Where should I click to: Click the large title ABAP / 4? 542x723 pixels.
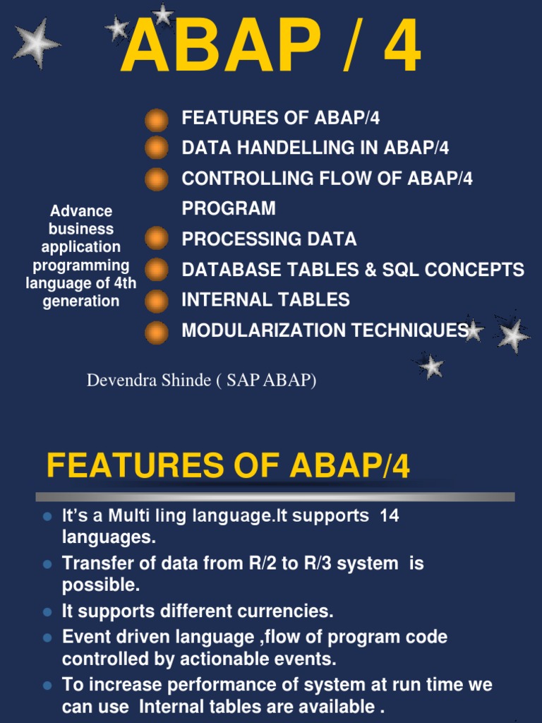[x=271, y=48]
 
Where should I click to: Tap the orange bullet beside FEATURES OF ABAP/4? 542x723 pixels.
[x=157, y=119]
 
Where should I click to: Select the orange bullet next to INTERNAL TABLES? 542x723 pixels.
[x=157, y=301]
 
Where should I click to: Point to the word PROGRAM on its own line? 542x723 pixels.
[x=229, y=209]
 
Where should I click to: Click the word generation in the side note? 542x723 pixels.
[x=80, y=301]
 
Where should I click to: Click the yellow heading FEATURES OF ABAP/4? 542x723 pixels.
[x=228, y=467]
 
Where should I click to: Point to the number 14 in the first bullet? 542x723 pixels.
[x=389, y=516]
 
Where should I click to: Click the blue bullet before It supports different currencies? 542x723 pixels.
[x=47, y=612]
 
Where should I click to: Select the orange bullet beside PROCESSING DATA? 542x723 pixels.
[x=157, y=239]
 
